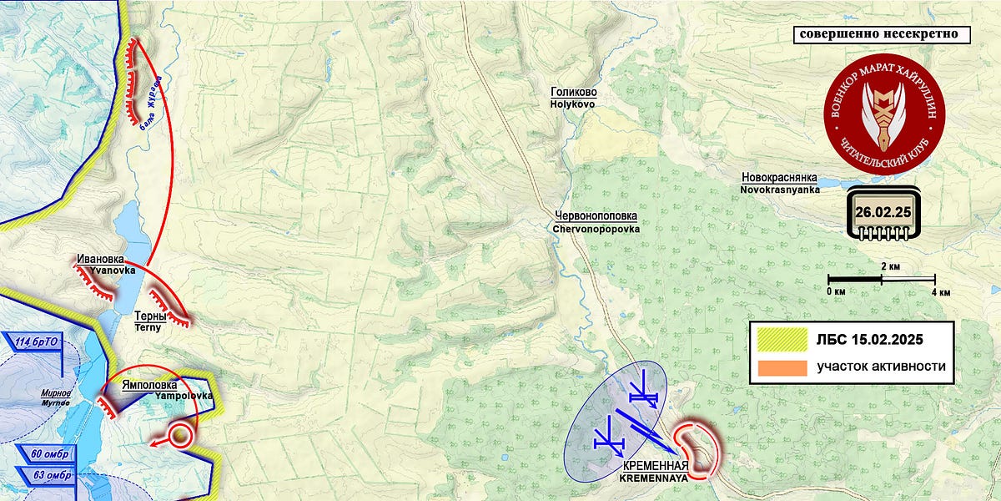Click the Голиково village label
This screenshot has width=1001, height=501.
(x=573, y=93)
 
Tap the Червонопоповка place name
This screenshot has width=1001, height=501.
(x=596, y=215)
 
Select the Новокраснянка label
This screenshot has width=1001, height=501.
(x=780, y=178)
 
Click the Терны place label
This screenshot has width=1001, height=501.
(x=151, y=317)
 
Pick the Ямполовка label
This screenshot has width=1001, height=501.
(x=150, y=385)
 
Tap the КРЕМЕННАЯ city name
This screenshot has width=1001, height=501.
(x=653, y=466)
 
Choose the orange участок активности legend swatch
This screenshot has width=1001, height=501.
(x=782, y=367)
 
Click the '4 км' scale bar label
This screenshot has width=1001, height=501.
(x=940, y=292)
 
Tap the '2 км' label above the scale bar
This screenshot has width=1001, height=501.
(x=890, y=266)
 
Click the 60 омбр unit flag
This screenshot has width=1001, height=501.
(x=48, y=453)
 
